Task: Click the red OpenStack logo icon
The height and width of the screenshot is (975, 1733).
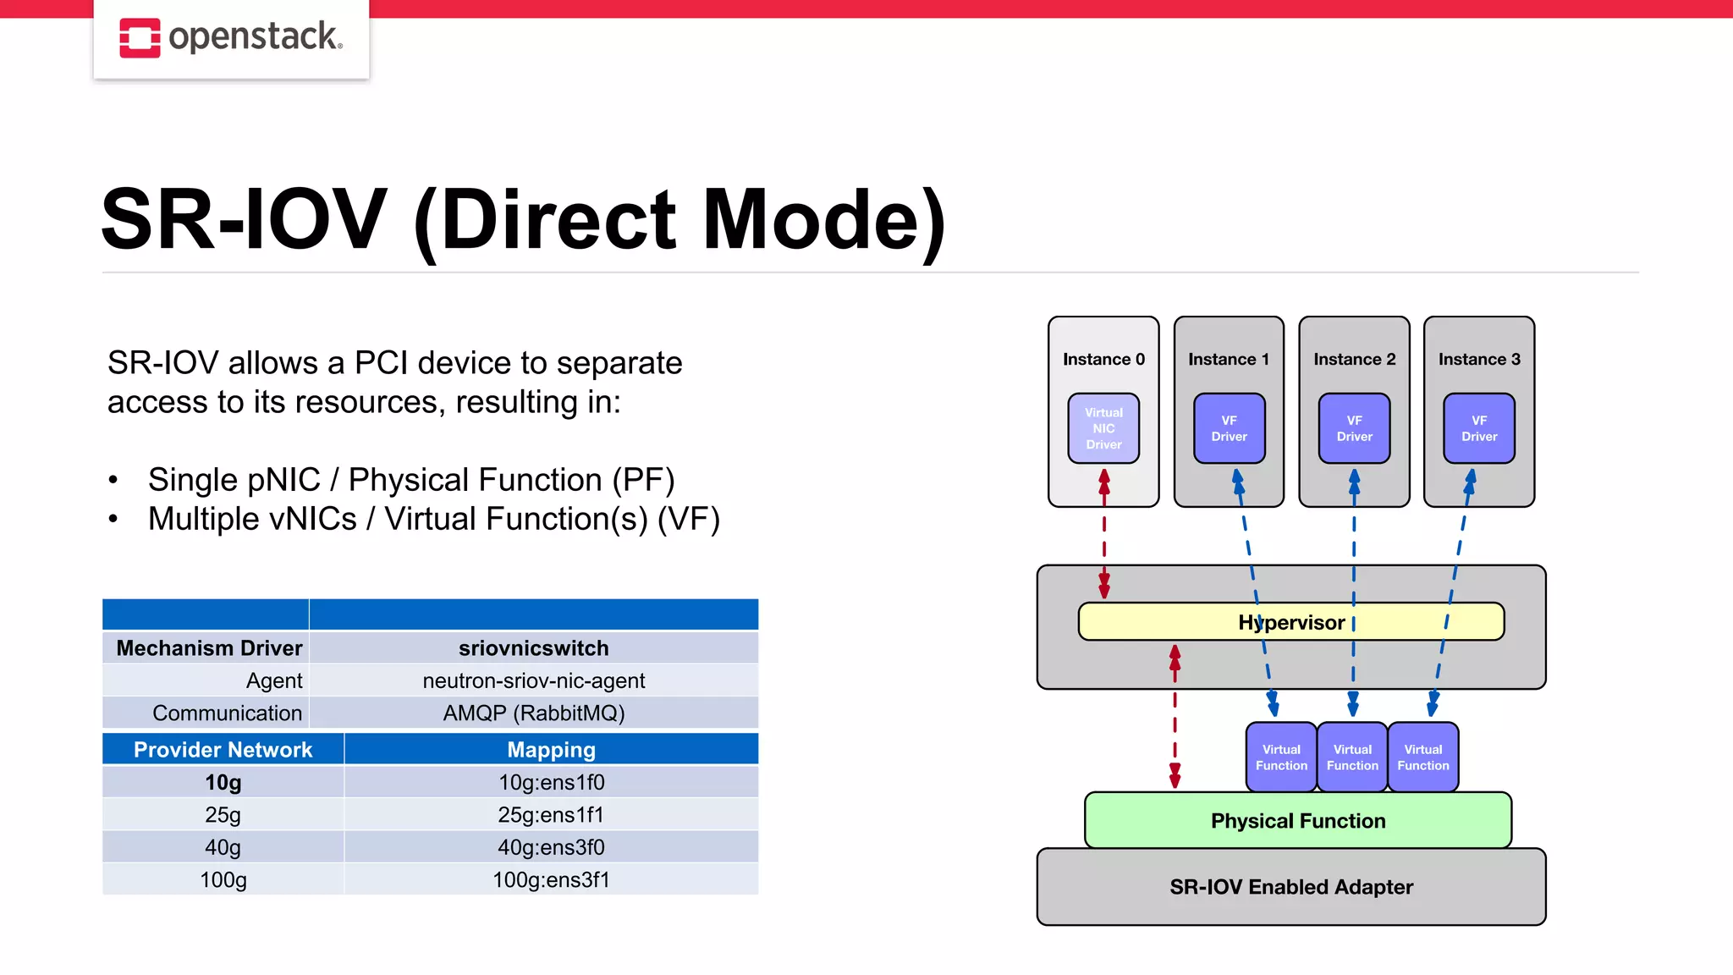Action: point(140,38)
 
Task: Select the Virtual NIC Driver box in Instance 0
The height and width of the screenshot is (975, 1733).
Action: point(1103,428)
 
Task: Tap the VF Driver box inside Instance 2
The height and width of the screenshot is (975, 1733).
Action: point(1354,428)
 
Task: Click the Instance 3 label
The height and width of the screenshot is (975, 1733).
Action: point(1478,360)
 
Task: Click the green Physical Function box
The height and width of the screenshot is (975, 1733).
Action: point(1297,821)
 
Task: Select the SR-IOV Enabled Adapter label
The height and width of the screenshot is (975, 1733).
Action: point(1290,887)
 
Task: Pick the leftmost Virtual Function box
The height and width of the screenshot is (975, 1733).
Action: point(1281,757)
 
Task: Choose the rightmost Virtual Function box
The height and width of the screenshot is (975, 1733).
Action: point(1422,757)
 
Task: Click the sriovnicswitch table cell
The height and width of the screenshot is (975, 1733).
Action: point(533,648)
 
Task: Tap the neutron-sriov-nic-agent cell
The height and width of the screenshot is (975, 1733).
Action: point(533,680)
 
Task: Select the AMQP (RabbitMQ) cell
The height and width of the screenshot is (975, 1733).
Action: point(533,713)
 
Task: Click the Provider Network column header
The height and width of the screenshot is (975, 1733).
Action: point(223,750)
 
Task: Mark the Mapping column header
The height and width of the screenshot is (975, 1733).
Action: point(551,750)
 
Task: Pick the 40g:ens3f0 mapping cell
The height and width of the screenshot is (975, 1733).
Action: point(551,847)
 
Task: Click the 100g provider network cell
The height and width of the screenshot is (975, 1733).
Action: point(223,880)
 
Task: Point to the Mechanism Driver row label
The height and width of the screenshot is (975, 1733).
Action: point(208,648)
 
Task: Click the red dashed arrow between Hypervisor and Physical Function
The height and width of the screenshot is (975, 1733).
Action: point(1175,719)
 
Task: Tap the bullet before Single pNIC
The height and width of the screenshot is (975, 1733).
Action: point(113,481)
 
